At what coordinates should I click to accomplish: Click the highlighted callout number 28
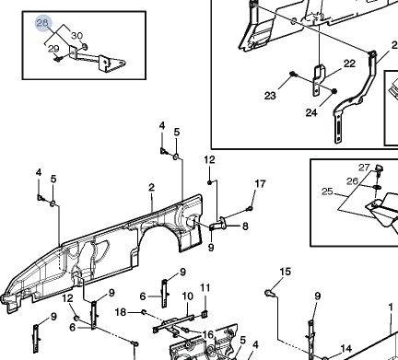tap(42, 23)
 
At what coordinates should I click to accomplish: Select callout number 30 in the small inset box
tap(76, 36)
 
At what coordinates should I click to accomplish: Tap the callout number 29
tap(53, 49)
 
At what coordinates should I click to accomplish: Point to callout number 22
tap(349, 64)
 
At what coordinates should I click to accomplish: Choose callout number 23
tap(270, 96)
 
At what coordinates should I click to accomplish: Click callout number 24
tap(311, 112)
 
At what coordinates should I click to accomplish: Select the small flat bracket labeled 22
tap(318, 80)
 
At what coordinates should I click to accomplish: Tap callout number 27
tap(364, 168)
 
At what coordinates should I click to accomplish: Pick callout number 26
tap(352, 181)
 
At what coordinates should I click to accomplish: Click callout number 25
tap(327, 192)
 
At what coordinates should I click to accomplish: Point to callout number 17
tap(260, 184)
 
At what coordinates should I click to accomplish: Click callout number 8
tap(245, 226)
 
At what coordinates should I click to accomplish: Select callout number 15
tap(286, 272)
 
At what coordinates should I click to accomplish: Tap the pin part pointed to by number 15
tap(270, 293)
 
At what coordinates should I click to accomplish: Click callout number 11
tap(205, 287)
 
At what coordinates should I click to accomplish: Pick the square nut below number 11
tap(205, 314)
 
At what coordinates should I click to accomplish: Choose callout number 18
tap(121, 312)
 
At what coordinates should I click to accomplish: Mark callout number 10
tap(188, 296)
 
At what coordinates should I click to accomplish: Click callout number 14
tap(346, 349)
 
